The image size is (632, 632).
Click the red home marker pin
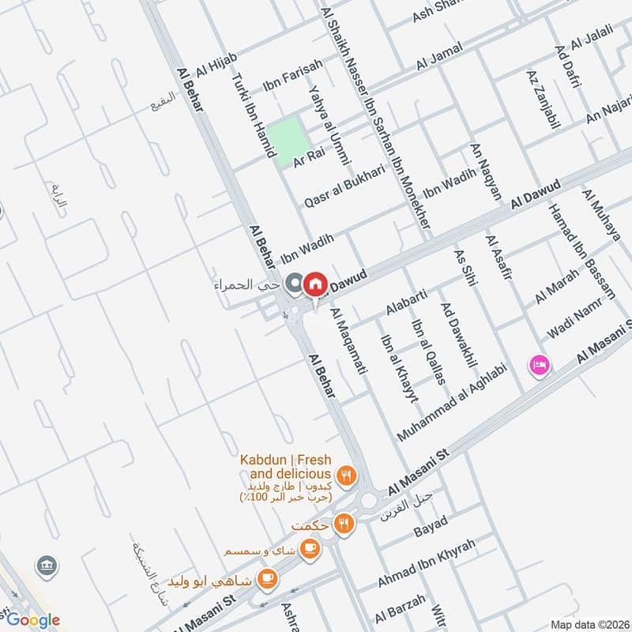314,284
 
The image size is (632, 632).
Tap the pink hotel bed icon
540,365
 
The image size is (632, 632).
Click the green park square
284,140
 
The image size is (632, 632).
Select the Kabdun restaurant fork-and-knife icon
345,476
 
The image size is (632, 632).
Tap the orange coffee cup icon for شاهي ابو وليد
267,578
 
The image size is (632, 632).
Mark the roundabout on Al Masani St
369,500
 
